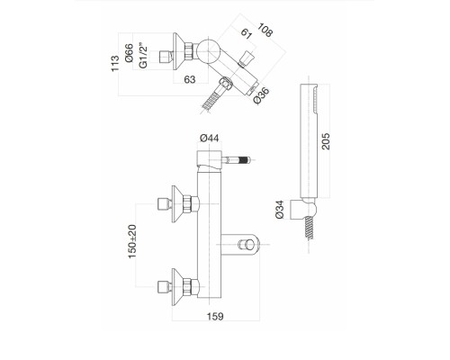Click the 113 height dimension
pyautogui.click(x=115, y=63)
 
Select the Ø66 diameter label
pyautogui.click(x=129, y=53)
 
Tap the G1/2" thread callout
pyautogui.click(x=143, y=56)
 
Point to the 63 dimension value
pyautogui.click(x=190, y=79)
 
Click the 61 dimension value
pyautogui.click(x=246, y=33)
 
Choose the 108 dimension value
pyautogui.click(x=265, y=30)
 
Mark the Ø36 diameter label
pyautogui.click(x=261, y=95)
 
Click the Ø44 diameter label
pyautogui.click(x=210, y=138)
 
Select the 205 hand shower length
pyautogui.click(x=326, y=141)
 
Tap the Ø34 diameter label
pyautogui.click(x=279, y=209)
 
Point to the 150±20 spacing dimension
pyautogui.click(x=132, y=241)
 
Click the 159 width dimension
pyautogui.click(x=215, y=316)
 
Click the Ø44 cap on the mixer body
pyautogui.click(x=209, y=158)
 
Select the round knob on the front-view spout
pyautogui.click(x=245, y=245)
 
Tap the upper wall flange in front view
pyautogui.click(x=177, y=204)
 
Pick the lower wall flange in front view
pyautogui.click(x=177, y=287)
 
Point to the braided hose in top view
pyautogui.click(x=211, y=101)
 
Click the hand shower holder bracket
pyautogui.click(x=303, y=209)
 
